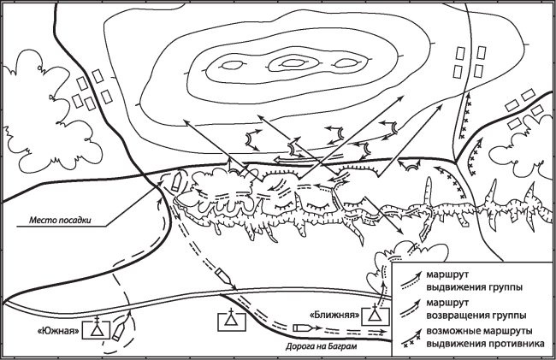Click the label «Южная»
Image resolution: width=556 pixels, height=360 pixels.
tap(59, 331)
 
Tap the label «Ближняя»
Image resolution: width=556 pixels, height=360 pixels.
tap(335, 315)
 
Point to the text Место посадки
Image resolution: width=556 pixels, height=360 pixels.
tap(60, 220)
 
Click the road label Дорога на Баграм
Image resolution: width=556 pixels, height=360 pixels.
tap(322, 346)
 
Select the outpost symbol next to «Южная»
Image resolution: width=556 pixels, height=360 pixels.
tap(96, 328)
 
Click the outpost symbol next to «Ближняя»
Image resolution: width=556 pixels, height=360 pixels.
tap(376, 315)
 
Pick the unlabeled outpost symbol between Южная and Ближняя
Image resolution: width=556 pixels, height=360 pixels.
tap(232, 320)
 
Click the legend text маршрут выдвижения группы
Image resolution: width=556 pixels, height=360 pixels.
tap(475, 280)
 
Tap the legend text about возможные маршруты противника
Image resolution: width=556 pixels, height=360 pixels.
tap(485, 337)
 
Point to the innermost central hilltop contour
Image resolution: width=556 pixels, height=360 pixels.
tap(293, 63)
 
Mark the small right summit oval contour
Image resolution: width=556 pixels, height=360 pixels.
tap(346, 62)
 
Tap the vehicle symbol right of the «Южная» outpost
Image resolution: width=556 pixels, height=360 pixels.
tap(118, 332)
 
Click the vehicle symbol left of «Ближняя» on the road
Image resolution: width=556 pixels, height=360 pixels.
tap(301, 328)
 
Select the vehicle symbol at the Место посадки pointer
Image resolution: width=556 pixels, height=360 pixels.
tap(176, 182)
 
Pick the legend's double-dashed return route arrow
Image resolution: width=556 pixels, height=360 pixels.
tap(411, 309)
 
